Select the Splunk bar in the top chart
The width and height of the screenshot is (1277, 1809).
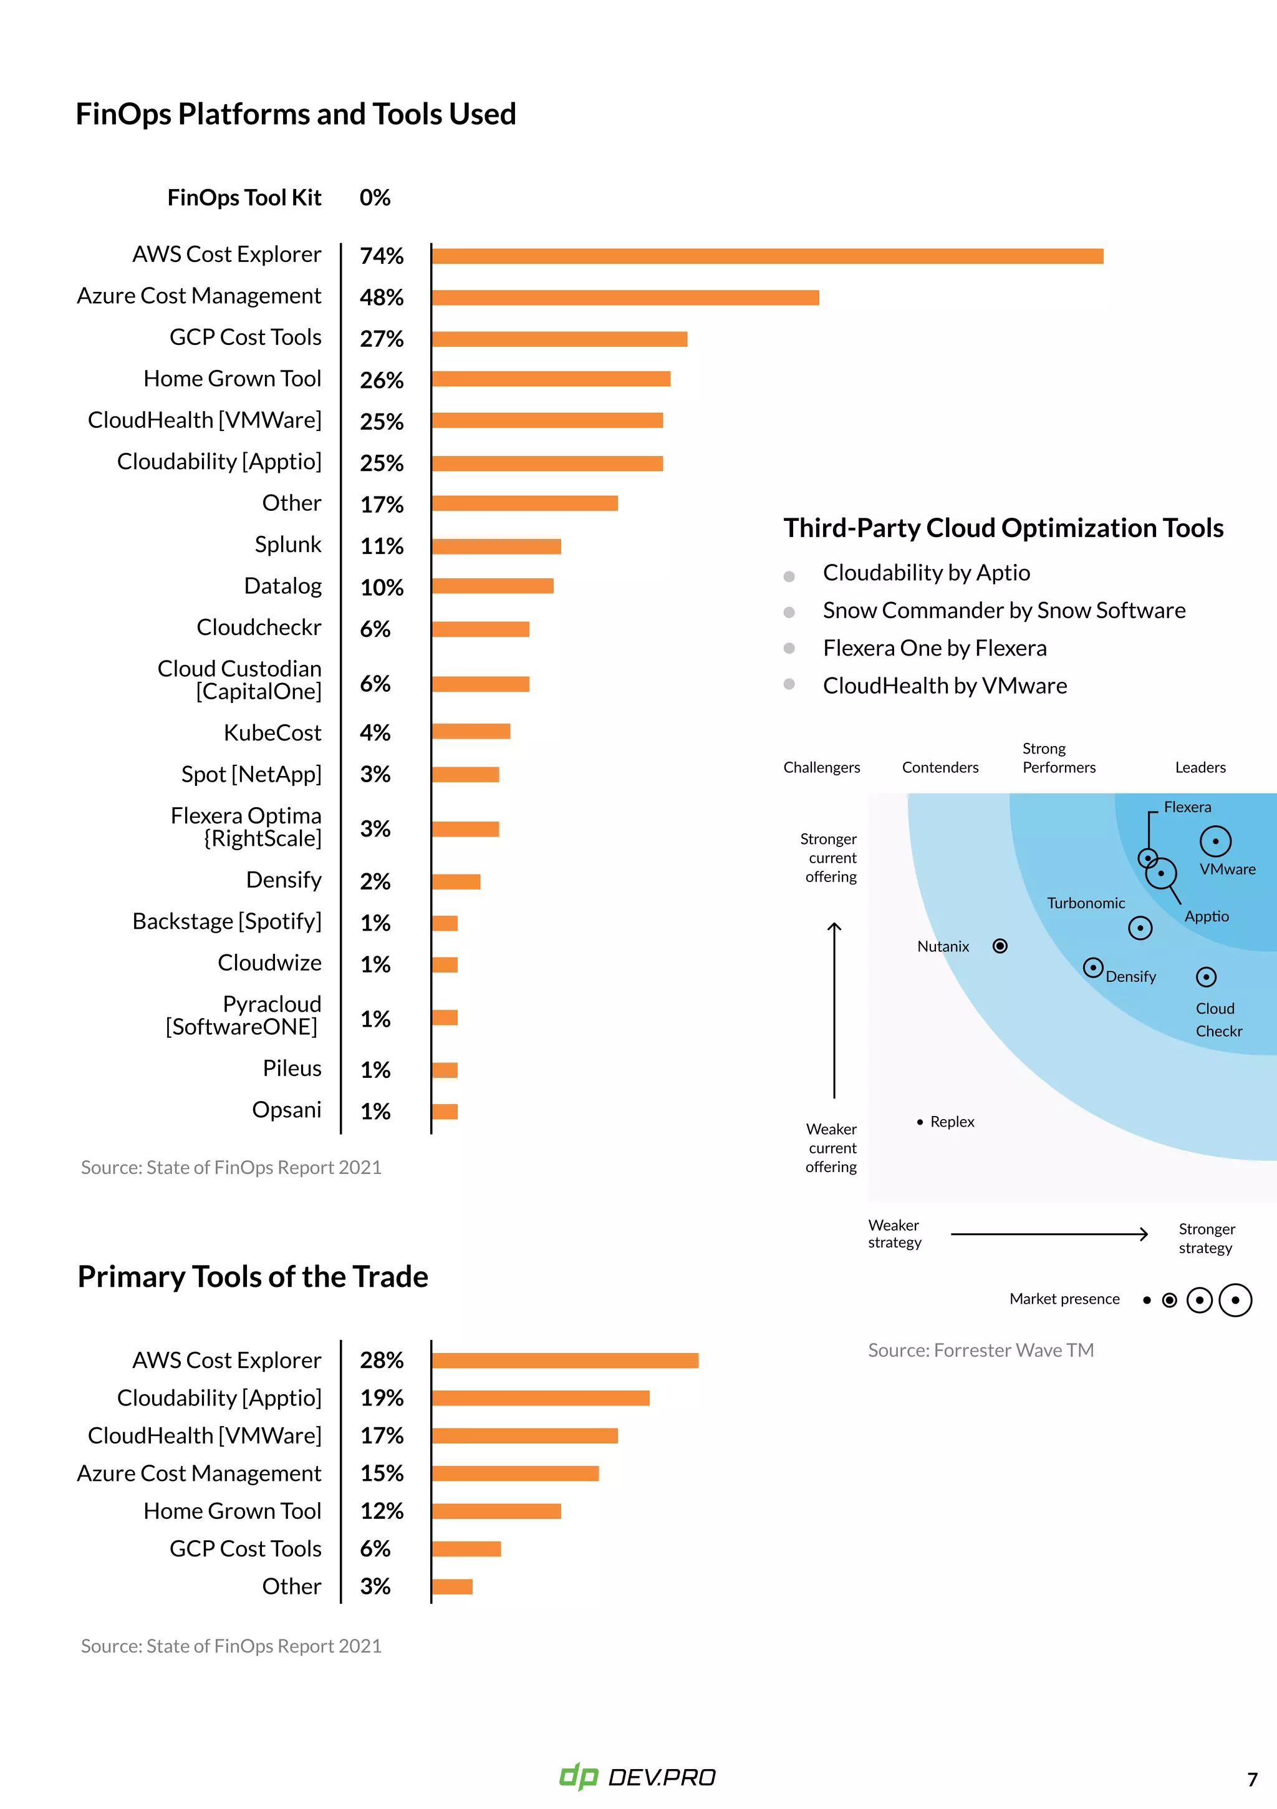coord(496,546)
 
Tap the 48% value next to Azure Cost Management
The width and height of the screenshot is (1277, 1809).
coord(381,298)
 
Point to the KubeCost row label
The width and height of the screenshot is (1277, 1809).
coord(272,733)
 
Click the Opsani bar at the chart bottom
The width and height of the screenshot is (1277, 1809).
coord(445,1112)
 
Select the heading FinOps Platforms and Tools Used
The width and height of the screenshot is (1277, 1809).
coord(296,114)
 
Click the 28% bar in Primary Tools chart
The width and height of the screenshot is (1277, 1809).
coord(565,1360)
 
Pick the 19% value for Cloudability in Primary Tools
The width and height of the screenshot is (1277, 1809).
coord(381,1399)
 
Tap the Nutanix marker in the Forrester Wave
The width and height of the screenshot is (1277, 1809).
coord(1000,946)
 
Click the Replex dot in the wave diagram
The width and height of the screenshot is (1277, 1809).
coord(919,1122)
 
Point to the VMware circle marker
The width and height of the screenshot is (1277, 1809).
coord(1215,841)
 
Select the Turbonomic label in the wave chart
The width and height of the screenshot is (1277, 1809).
coord(1086,903)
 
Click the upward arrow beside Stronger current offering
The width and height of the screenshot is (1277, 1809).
coord(834,1009)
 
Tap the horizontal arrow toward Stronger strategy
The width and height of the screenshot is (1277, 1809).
coord(1049,1234)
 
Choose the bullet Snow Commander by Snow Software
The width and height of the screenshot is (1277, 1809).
coord(1004,611)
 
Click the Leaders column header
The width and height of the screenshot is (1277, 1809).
coord(1200,767)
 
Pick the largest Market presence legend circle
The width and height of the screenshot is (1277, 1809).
coord(1235,1300)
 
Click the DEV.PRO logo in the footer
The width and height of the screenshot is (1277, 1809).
coord(637,1777)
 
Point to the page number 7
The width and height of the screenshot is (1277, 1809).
coord(1252,1779)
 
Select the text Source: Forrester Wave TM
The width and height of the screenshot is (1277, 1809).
coord(981,1351)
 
